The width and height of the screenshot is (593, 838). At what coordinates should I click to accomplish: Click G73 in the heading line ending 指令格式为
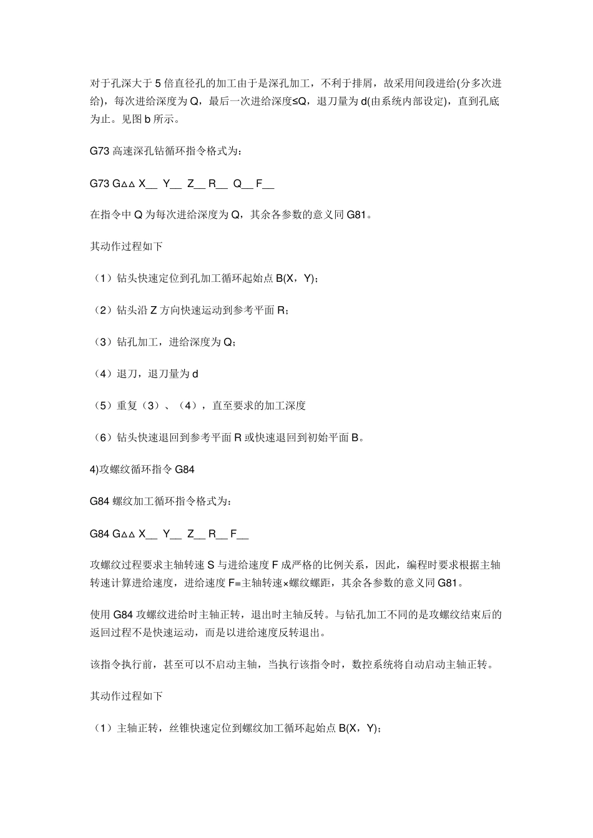100,151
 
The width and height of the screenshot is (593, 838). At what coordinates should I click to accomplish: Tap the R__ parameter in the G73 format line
218,183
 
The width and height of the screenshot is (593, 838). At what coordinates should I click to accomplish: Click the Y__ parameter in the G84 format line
172,534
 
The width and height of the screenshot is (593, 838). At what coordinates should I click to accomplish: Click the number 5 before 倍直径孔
158,83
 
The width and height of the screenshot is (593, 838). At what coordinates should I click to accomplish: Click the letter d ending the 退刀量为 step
195,374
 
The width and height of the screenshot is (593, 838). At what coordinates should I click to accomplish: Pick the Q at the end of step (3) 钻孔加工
228,342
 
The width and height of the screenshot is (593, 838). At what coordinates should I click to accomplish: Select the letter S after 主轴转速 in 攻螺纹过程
211,566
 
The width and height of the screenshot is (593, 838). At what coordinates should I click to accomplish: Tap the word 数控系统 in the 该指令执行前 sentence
371,665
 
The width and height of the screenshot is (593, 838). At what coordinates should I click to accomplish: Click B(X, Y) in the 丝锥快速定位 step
358,728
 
